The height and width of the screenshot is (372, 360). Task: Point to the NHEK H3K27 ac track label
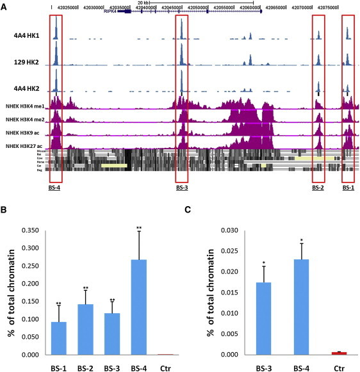(25, 147)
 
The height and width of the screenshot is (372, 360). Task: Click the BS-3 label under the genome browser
(182, 188)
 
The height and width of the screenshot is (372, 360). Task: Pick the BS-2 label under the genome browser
(318, 188)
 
